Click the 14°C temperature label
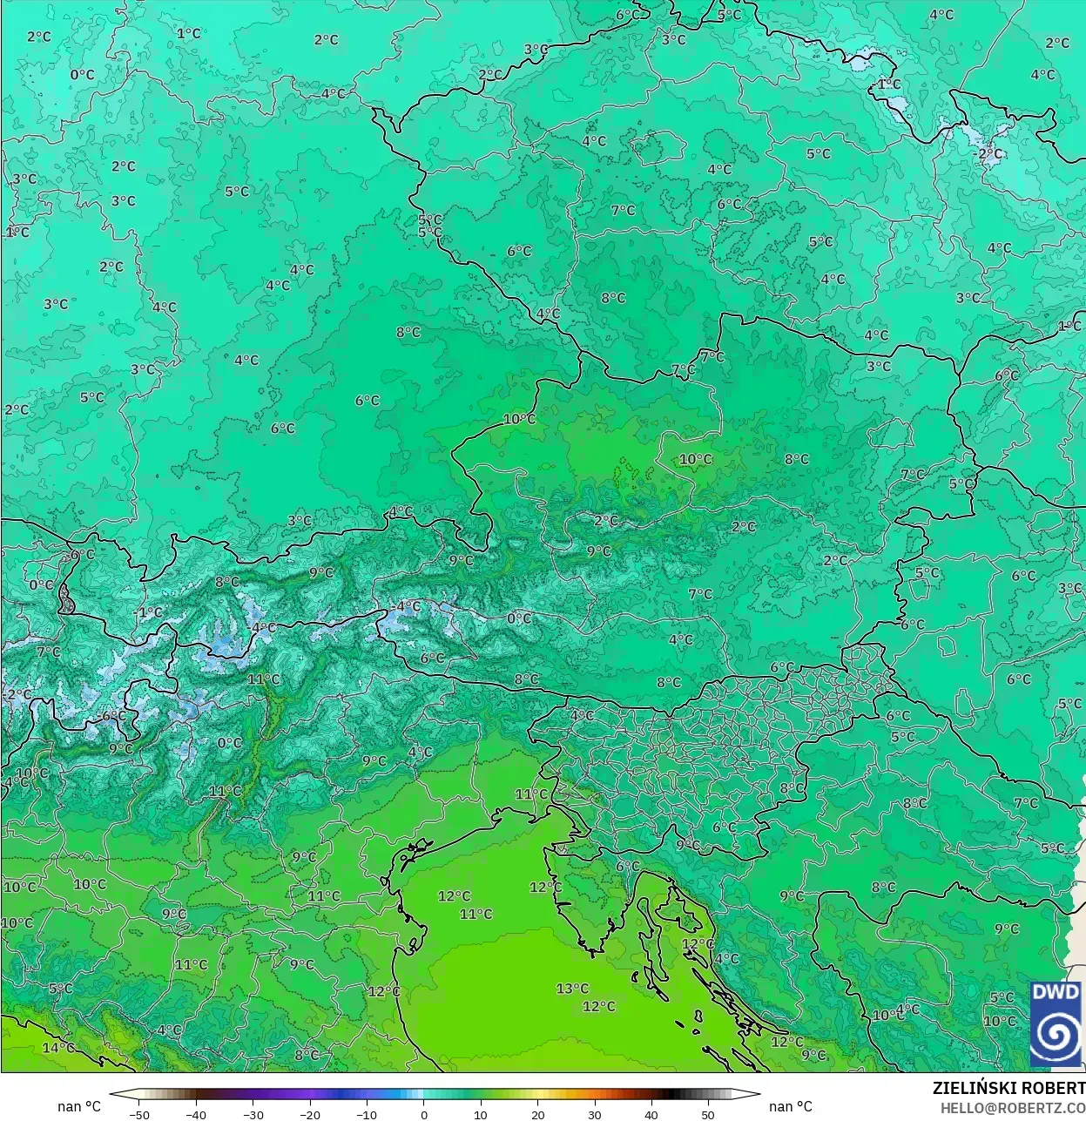pyautogui.click(x=57, y=1047)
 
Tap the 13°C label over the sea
pyautogui.click(x=572, y=989)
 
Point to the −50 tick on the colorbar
pyautogui.click(x=138, y=1114)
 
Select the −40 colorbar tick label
pyautogui.click(x=196, y=1114)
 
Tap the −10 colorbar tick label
pyautogui.click(x=367, y=1114)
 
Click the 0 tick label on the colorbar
pyautogui.click(x=424, y=1114)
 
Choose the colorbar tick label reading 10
pyautogui.click(x=481, y=1114)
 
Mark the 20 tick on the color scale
pyautogui.click(x=537, y=1114)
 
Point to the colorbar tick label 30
pyautogui.click(x=594, y=1114)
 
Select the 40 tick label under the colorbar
pyautogui.click(x=651, y=1114)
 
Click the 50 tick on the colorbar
pyautogui.click(x=708, y=1114)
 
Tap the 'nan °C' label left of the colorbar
pyautogui.click(x=79, y=1106)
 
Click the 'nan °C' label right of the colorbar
pyautogui.click(x=790, y=1106)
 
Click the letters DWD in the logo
pyautogui.click(x=1056, y=993)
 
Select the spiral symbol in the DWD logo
pyautogui.click(x=1056, y=1036)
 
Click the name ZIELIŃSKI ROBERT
pyautogui.click(x=1008, y=1088)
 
